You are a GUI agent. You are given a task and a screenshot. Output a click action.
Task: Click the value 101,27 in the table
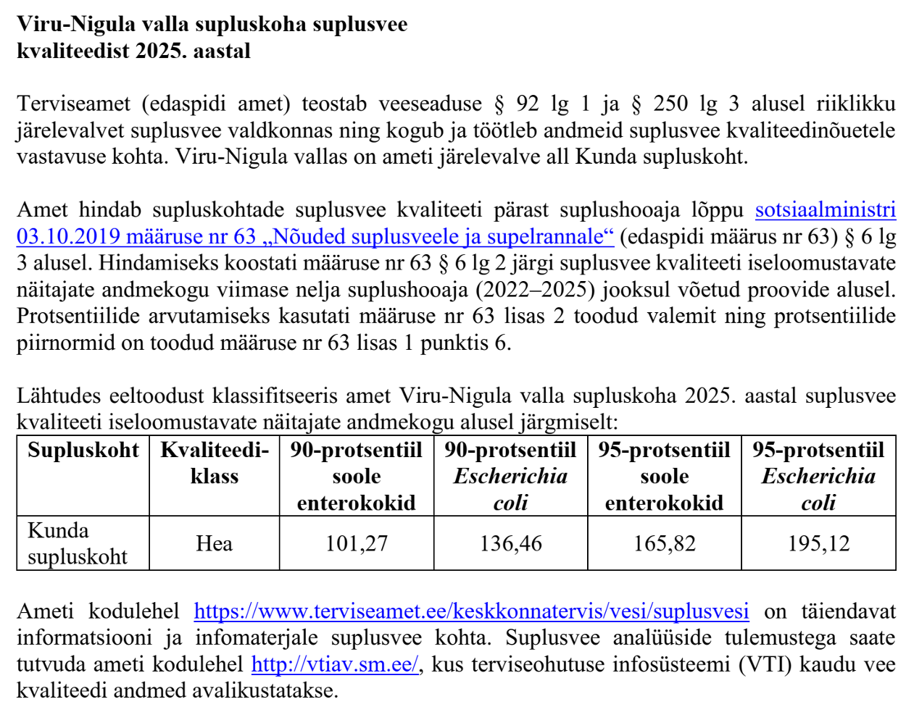[356, 543]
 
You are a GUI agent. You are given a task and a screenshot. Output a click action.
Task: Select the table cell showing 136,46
[510, 543]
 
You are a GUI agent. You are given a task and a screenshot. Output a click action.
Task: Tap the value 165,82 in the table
[664, 543]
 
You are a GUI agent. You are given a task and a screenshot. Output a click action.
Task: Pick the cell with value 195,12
[818, 543]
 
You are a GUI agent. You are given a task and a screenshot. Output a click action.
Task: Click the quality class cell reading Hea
[214, 543]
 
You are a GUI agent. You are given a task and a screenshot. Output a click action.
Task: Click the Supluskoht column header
[83, 451]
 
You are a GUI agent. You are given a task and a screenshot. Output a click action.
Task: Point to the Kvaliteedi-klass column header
[214, 464]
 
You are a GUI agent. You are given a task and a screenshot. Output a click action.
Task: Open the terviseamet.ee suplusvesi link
[471, 611]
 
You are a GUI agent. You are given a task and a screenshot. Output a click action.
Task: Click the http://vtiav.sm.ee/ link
[335, 664]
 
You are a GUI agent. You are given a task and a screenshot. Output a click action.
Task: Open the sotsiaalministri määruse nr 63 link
[315, 236]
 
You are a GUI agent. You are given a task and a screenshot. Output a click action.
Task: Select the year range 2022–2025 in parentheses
[545, 290]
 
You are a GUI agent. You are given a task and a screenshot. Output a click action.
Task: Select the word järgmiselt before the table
[568, 422]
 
